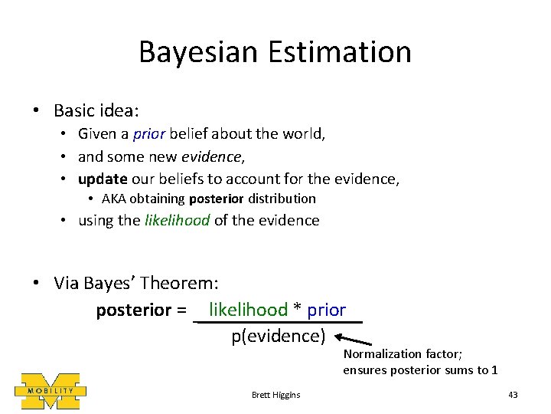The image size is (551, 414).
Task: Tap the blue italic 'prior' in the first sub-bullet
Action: point(148,134)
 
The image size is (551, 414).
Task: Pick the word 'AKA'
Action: point(113,199)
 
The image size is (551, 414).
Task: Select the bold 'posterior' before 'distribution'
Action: point(217,199)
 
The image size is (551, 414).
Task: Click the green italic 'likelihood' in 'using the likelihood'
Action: point(175,221)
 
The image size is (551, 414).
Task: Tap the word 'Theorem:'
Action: point(183,284)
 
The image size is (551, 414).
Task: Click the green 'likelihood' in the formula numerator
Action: point(248,310)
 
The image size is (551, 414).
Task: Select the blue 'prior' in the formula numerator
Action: point(327,310)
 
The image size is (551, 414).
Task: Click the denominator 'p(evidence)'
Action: point(279,336)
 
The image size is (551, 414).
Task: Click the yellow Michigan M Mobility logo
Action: point(51,390)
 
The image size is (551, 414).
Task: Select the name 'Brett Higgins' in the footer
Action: point(275,395)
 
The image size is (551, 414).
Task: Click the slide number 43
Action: point(513,395)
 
